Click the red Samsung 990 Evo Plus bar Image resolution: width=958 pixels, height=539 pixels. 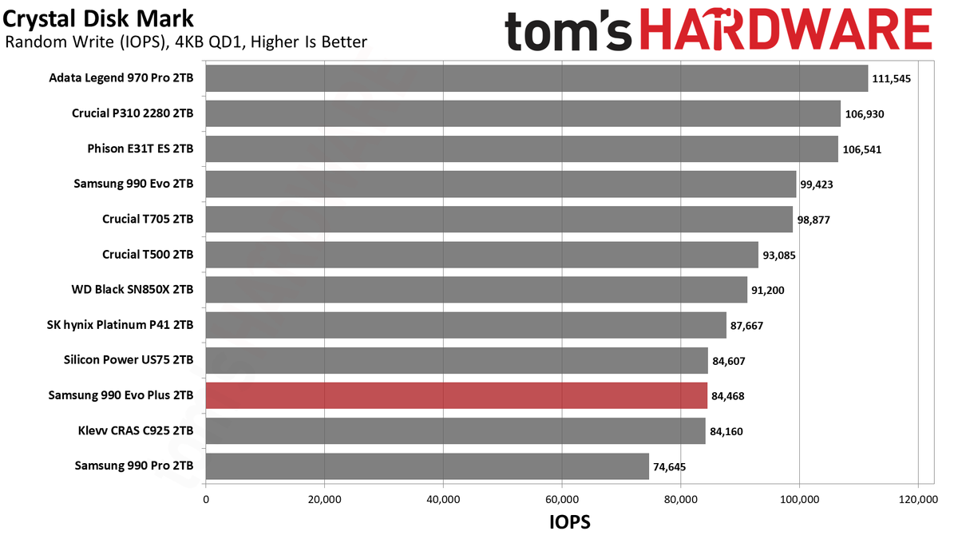tap(457, 395)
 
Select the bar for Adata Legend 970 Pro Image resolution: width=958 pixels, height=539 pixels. tap(536, 78)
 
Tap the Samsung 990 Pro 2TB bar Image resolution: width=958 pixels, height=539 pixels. tap(427, 466)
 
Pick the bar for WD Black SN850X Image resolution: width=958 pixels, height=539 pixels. tap(477, 290)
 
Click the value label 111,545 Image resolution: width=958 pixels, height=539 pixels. tap(891, 79)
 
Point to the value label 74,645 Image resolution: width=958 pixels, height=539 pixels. tap(669, 466)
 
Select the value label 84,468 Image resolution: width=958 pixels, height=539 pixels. tap(728, 396)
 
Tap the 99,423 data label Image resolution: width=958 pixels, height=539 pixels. tap(817, 184)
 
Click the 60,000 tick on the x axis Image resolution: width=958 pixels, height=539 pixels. tap(562, 499)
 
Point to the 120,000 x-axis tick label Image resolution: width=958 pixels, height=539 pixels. tap(918, 499)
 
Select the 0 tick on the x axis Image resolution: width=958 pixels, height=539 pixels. tap(206, 499)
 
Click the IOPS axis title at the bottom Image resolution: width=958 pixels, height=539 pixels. tap(570, 522)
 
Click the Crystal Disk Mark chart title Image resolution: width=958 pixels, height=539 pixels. tap(98, 19)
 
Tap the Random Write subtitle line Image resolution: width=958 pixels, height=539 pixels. tap(186, 42)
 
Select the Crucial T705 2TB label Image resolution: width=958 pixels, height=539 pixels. tap(148, 219)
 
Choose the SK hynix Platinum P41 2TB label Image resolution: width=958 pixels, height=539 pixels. tap(121, 325)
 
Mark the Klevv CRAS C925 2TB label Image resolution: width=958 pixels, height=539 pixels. tap(136, 430)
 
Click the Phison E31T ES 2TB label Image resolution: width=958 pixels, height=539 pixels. tap(141, 149)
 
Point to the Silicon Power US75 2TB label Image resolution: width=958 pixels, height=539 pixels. tap(129, 360)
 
